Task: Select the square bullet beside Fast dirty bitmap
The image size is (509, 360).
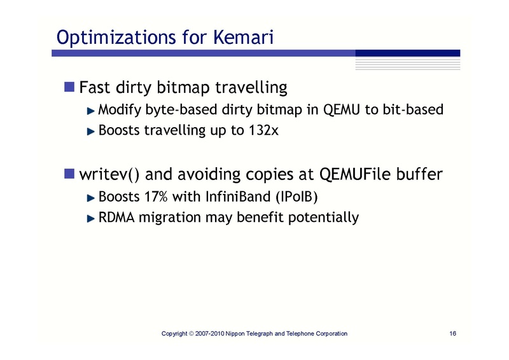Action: pyautogui.click(x=69, y=85)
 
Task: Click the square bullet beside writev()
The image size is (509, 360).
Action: pyautogui.click(x=69, y=174)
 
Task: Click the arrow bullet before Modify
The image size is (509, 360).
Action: pyautogui.click(x=91, y=111)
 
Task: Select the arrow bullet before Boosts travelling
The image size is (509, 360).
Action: pyautogui.click(x=91, y=131)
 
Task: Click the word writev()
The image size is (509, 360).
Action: pyautogui.click(x=102, y=174)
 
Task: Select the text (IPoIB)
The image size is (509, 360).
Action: pyautogui.click(x=295, y=197)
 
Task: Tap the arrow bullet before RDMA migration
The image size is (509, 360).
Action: pyautogui.click(x=91, y=218)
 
